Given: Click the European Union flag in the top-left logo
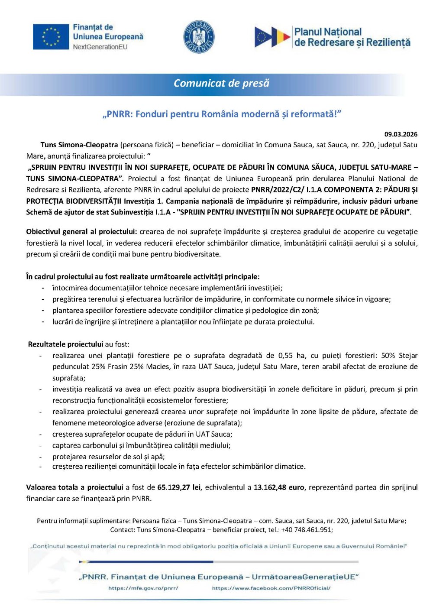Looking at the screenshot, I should click(51, 36).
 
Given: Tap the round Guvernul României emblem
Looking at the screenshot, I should click(199, 37).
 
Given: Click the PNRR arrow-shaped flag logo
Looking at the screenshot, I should click(272, 37).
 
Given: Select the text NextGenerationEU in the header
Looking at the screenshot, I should click(100, 47).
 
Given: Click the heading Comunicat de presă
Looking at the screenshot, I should click(221, 83).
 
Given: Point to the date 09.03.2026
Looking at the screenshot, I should click(401, 134).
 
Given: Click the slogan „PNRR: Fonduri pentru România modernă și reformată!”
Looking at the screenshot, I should click(222, 114).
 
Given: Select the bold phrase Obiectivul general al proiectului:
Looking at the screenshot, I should click(81, 232).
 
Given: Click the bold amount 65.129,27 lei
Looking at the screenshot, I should click(179, 487).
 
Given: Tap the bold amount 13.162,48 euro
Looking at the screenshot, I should click(279, 487).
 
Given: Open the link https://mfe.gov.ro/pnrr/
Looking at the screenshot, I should click(143, 588).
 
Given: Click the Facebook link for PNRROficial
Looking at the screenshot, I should click(271, 588).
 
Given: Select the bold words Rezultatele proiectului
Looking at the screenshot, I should click(65, 344).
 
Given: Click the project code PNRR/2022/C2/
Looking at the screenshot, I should click(278, 190).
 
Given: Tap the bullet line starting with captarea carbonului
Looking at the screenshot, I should click(141, 445).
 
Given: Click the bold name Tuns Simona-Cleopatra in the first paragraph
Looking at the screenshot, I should click(79, 145).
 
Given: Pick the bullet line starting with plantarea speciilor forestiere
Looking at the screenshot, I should click(185, 311).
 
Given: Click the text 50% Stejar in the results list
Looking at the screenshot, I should click(399, 356).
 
